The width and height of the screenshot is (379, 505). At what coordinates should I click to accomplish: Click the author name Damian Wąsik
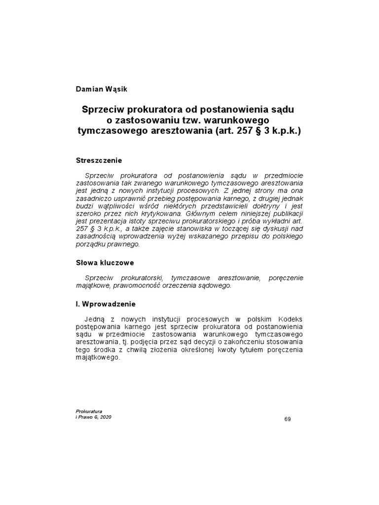coord(102,89)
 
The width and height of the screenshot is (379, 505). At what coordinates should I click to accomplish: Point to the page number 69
coord(288,419)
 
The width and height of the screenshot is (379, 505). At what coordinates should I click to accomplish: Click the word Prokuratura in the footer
coord(89,411)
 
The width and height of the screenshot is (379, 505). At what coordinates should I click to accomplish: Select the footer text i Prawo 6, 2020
coord(94,417)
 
